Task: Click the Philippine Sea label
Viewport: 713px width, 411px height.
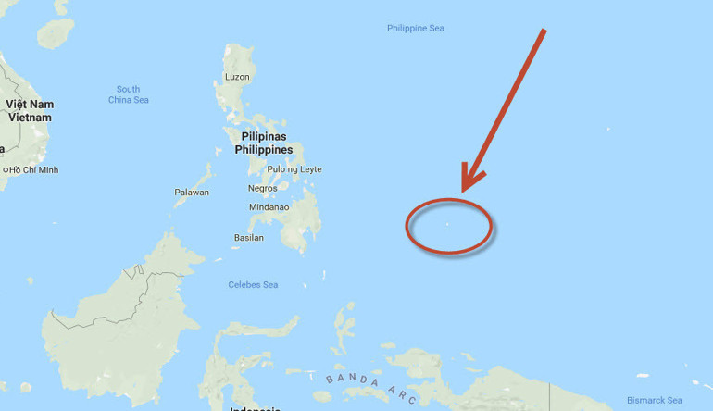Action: [416, 29]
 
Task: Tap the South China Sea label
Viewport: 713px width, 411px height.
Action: [129, 94]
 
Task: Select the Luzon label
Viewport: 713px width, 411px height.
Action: [237, 77]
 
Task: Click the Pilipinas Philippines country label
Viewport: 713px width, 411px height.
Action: [263, 143]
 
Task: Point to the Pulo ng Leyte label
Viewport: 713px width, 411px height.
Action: [294, 169]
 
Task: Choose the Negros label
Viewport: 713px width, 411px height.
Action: [262, 189]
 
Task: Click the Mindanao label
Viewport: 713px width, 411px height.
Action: [269, 207]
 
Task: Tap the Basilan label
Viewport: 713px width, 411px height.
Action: [248, 238]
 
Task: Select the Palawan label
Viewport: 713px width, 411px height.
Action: [192, 193]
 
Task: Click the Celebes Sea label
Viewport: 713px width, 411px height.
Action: [253, 285]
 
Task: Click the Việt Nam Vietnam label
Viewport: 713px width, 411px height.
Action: [30, 111]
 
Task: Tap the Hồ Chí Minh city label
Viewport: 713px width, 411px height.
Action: [35, 170]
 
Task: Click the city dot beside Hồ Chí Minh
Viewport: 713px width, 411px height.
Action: [6, 170]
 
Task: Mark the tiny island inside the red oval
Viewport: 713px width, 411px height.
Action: [447, 223]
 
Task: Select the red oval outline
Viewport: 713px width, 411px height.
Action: [407, 225]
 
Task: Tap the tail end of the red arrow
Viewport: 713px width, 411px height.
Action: [544, 31]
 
